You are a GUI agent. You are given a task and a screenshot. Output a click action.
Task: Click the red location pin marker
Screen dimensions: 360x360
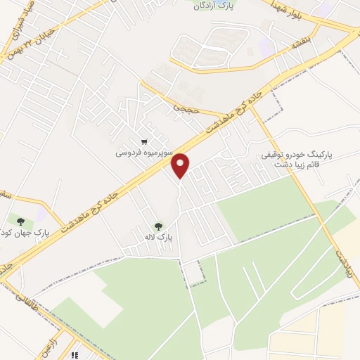181,166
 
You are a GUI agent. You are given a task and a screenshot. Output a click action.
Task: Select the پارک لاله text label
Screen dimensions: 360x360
158,239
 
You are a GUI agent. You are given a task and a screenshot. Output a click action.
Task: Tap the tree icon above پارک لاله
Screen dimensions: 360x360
159,226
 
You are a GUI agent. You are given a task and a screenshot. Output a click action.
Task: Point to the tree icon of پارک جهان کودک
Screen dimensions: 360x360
20,222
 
